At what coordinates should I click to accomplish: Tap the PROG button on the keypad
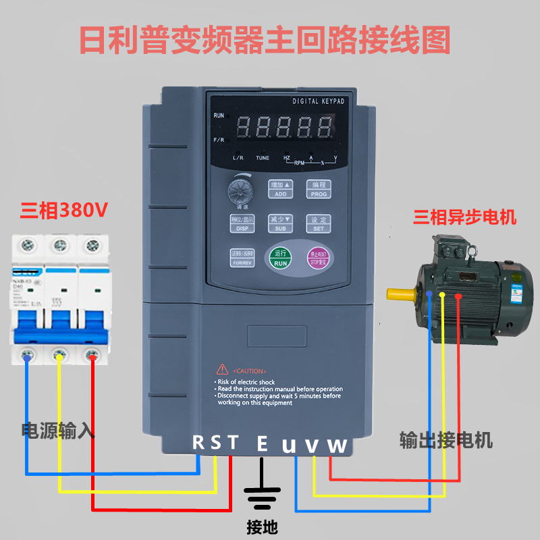pos(318,188)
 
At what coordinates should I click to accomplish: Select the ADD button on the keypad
pos(280,188)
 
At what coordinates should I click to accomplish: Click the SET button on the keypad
pos(318,223)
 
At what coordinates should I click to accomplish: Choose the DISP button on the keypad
pos(242,223)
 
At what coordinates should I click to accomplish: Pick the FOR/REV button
pos(242,258)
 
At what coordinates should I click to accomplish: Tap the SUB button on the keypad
pos(280,223)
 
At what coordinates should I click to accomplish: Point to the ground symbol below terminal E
pos(263,496)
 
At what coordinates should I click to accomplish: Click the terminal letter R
pos(198,443)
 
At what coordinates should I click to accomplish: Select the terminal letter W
pos(337,445)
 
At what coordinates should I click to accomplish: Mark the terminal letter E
pos(263,443)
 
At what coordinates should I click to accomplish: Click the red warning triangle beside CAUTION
pos(222,369)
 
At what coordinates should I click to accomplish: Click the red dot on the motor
pos(458,296)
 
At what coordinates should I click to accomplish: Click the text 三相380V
pos(64,211)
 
